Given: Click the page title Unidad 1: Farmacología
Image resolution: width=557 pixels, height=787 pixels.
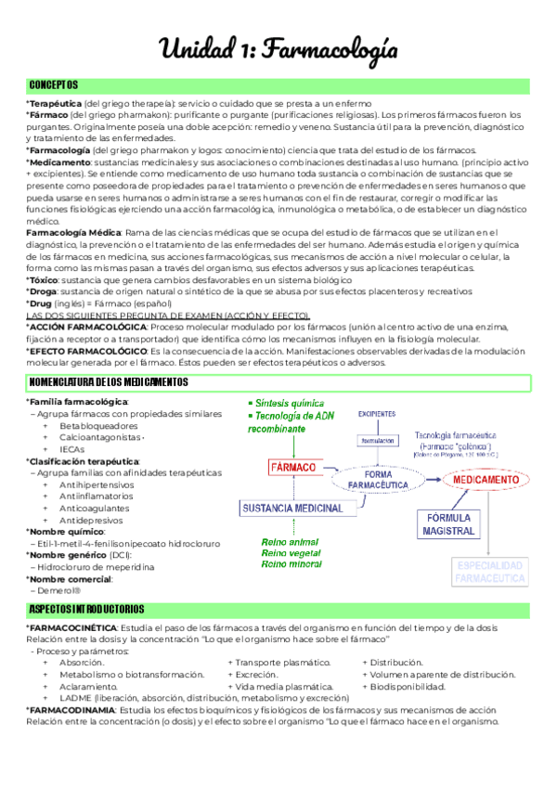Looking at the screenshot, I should (278, 48).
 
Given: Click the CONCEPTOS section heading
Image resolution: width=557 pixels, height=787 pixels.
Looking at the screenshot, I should (54, 85).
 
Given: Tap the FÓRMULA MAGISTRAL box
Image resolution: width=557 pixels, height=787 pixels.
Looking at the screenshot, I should (447, 523).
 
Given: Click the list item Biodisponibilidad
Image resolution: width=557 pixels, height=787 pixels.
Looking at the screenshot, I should (408, 687).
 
